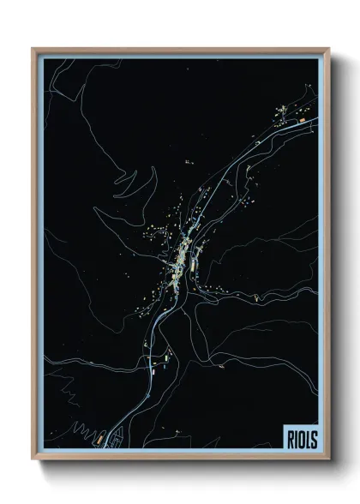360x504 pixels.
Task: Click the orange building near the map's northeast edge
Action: click(x=301, y=123)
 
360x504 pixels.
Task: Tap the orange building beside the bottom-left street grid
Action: click(x=99, y=436)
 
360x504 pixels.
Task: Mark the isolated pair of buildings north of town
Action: click(x=189, y=160)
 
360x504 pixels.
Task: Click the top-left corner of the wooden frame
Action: click(x=33, y=49)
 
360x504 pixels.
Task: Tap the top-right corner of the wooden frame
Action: click(x=328, y=49)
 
